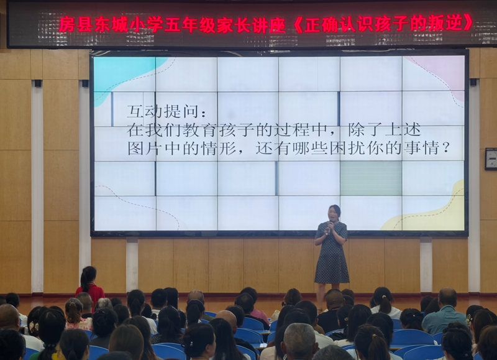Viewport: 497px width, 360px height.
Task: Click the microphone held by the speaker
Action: [x=330, y=228]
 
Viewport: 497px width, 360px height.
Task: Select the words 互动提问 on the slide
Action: [x=164, y=111]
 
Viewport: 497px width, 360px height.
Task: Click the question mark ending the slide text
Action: [x=445, y=148]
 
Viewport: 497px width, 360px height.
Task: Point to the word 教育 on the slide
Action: [x=199, y=129]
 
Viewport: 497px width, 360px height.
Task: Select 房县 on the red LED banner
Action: [x=75, y=24]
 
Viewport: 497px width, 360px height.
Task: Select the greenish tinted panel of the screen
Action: [x=370, y=178]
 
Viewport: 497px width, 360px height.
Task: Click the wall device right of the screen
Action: [x=491, y=159]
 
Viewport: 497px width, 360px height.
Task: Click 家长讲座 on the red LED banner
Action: [x=252, y=24]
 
